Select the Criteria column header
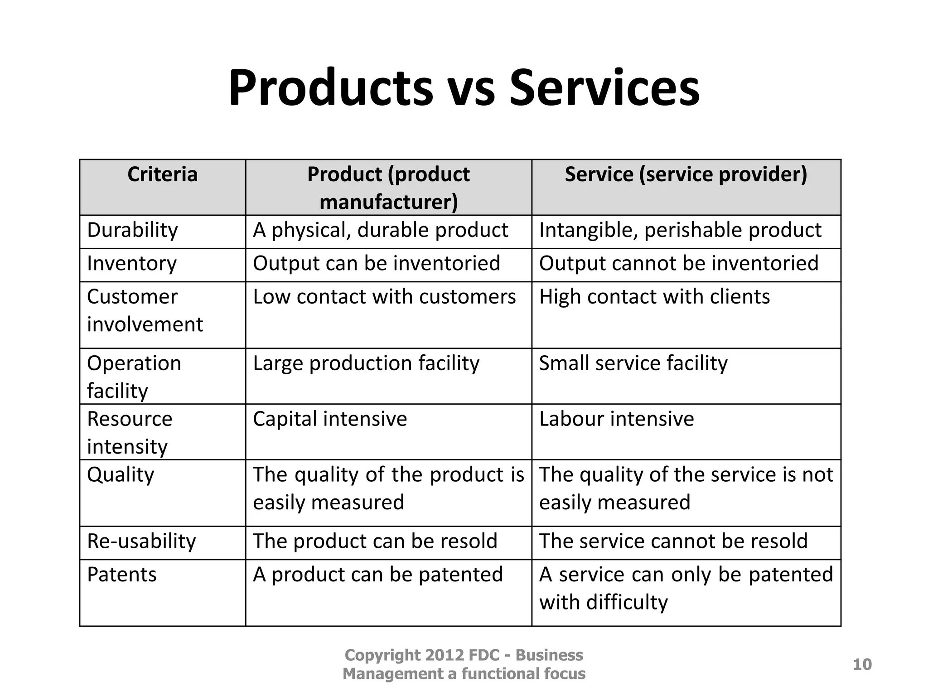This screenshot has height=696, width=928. coord(162,174)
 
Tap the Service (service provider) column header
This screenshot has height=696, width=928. coord(686,174)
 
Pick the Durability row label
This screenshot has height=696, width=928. coord(132,230)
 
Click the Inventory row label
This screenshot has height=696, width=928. coord(131,264)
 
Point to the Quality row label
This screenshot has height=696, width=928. coord(121,475)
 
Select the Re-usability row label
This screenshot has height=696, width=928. coord(141,541)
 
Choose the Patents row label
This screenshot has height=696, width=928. coord(121,575)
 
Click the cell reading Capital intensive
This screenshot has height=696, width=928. coord(330,419)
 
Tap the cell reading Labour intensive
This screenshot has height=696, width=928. coord(616,419)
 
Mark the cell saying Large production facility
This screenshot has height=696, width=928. coord(366,363)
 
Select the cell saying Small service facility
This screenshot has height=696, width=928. coord(633,363)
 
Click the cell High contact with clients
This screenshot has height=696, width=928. coord(654,297)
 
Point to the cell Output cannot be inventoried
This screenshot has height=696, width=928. coord(679,264)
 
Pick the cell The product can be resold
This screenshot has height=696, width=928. coord(375,541)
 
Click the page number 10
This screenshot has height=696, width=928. coord(862,664)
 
